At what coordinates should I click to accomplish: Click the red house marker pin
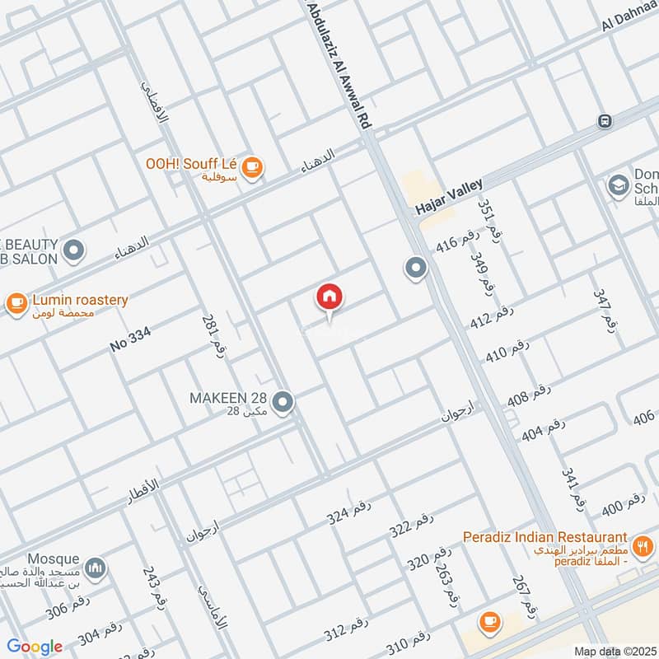point(329,298)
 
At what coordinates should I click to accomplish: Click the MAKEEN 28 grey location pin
point(283,402)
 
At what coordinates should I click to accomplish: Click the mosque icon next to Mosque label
point(96,568)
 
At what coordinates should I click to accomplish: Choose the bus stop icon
point(605,121)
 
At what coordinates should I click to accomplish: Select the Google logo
point(35,647)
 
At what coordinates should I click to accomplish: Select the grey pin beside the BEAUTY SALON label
point(74,250)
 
